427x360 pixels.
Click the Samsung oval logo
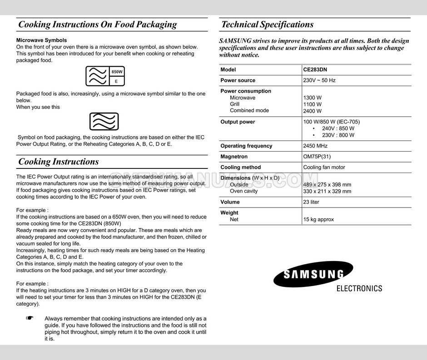tap(313, 274)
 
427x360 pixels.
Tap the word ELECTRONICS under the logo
tap(359, 289)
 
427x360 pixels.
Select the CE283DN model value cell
tap(315, 69)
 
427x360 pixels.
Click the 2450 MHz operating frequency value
tap(315, 146)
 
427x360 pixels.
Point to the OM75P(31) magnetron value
tap(317, 157)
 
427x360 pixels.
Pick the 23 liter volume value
tap(311, 202)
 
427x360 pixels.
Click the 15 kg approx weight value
tap(318, 219)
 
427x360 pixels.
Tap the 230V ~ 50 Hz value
tap(319, 80)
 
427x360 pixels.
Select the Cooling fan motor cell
tap(324, 167)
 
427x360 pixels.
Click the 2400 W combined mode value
tap(312, 111)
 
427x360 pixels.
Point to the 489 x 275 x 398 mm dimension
tap(327, 185)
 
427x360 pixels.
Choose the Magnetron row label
tap(234, 157)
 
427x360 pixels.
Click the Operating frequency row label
tap(246, 146)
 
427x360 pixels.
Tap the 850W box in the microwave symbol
tap(117, 72)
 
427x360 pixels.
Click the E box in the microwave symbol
tap(116, 81)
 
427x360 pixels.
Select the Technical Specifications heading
tap(267, 25)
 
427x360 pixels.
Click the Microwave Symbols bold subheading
tap(41, 40)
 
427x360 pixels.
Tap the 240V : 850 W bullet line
tap(338, 128)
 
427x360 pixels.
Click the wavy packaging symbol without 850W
tap(104, 122)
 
